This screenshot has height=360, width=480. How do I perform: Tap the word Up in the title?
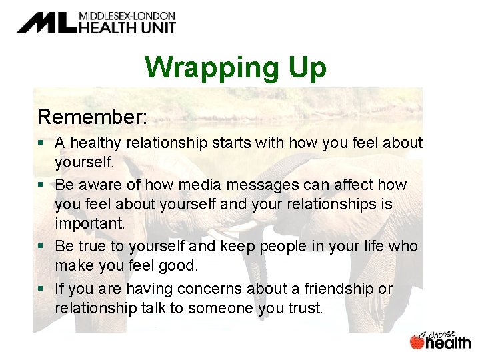[x=303, y=67]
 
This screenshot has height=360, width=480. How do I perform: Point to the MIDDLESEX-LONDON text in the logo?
[x=127, y=15]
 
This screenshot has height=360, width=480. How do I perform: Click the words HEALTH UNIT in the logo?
[x=127, y=27]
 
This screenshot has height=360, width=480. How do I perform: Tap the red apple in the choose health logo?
[x=417, y=341]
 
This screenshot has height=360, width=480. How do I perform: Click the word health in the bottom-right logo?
[x=448, y=342]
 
